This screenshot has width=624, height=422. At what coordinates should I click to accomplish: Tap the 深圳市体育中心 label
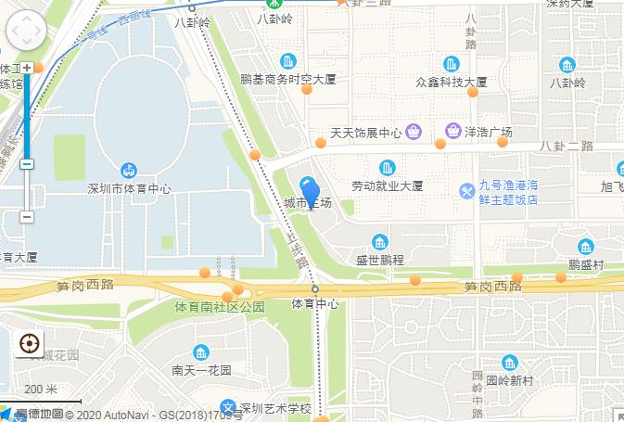tap(129, 188)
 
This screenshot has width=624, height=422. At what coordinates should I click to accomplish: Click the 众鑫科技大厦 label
tap(452, 82)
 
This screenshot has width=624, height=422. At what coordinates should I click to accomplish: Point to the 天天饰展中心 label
tap(366, 133)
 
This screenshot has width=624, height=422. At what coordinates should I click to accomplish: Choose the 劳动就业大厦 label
tap(387, 185)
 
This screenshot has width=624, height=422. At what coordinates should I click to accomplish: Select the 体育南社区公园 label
tap(221, 306)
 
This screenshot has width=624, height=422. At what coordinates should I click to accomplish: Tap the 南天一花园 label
tap(201, 370)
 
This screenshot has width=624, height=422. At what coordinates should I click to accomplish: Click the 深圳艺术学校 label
tap(274, 408)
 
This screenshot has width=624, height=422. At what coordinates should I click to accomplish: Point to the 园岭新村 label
tap(510, 380)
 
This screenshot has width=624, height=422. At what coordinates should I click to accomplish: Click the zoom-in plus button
tap(27, 68)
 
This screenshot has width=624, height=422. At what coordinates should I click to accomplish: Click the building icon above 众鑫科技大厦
tap(452, 63)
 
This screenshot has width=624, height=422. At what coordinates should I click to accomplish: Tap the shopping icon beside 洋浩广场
tap(454, 131)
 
